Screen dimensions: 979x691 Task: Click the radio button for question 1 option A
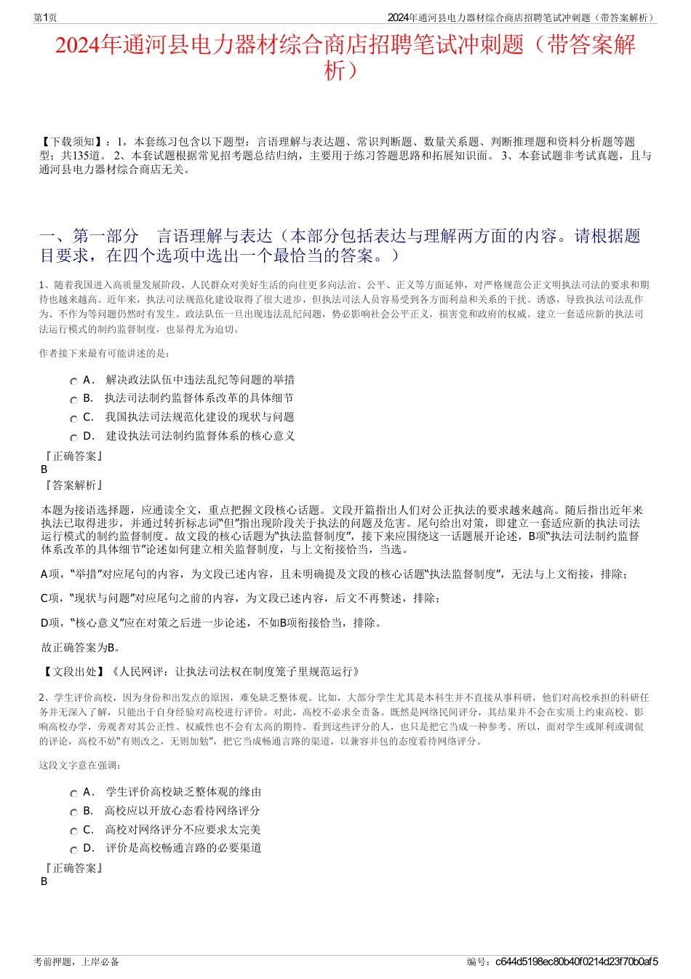point(73,381)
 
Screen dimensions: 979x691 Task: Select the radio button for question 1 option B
point(73,400)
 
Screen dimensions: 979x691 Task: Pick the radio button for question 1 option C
point(73,419)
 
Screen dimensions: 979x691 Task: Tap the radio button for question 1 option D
point(73,438)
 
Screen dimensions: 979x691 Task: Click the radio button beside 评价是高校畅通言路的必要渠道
point(73,850)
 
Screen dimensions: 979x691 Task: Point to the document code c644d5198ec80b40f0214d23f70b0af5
point(576,962)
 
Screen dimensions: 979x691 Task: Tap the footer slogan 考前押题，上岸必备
point(76,962)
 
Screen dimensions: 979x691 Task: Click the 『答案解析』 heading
point(73,485)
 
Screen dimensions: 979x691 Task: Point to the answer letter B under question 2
point(44,881)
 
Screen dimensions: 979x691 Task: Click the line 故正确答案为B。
point(81,647)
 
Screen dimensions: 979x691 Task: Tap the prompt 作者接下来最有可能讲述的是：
point(105,353)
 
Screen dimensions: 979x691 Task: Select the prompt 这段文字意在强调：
point(80,765)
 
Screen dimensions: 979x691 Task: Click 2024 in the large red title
point(78,45)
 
